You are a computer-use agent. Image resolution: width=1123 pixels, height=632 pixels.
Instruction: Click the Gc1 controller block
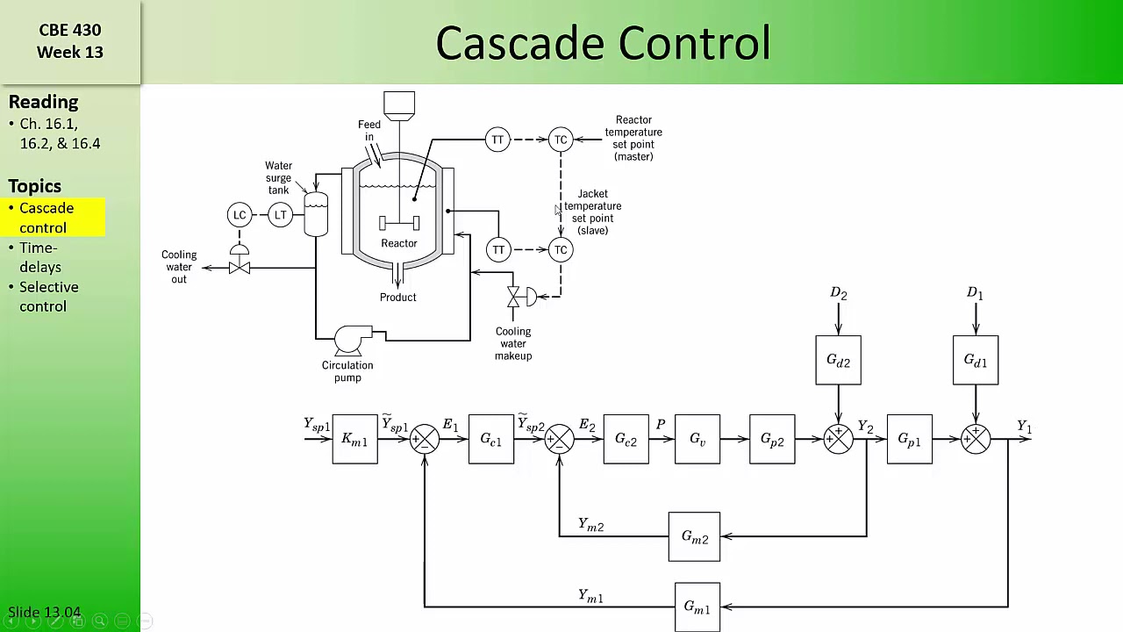(490, 439)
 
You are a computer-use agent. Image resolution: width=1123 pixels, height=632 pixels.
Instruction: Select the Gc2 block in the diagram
(626, 439)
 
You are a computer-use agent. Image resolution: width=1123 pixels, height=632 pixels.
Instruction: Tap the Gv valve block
(697, 439)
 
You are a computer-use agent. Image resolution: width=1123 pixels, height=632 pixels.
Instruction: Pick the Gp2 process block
(772, 439)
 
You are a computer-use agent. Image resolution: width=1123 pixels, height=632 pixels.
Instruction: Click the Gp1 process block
(910, 439)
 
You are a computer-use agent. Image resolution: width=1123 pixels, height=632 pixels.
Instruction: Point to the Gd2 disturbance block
(838, 360)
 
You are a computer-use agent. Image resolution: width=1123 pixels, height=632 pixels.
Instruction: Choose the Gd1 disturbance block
(975, 360)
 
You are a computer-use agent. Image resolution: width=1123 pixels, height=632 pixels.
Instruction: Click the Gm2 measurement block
(694, 536)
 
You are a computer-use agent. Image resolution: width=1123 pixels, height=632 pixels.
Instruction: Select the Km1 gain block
(354, 439)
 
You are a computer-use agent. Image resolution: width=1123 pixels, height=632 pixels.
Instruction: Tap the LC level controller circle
(240, 215)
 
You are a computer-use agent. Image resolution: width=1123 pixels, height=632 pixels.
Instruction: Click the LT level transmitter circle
(280, 215)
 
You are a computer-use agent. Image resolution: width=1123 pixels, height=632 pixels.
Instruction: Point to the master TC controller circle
(561, 140)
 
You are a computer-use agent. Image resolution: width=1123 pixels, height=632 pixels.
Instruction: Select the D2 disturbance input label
(838, 293)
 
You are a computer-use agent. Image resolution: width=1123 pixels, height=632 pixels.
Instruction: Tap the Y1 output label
(1024, 427)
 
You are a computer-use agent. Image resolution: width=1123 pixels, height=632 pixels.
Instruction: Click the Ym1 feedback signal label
(590, 596)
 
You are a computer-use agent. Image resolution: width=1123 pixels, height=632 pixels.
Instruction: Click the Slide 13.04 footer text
(44, 613)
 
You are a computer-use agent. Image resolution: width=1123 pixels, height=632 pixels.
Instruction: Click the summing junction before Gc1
(425, 439)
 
